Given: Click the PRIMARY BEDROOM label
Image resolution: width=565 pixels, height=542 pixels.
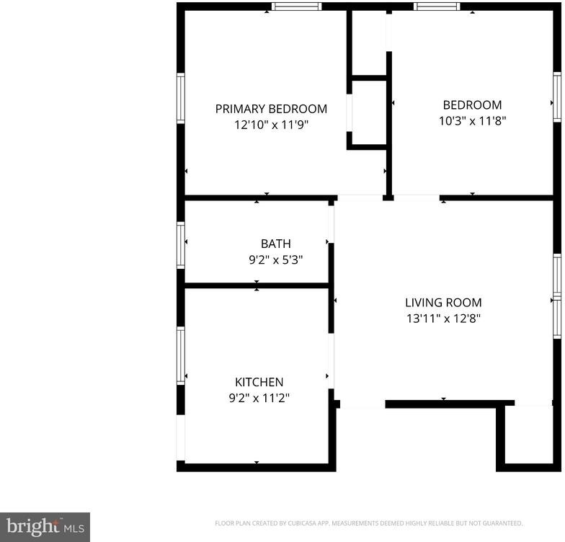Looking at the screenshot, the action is tap(271, 109).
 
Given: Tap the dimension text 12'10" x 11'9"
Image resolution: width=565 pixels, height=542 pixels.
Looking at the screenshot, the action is tap(272, 125).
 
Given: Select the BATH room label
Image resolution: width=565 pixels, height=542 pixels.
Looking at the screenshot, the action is tap(275, 244).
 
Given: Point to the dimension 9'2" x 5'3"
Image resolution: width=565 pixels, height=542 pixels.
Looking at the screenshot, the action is tap(275, 259).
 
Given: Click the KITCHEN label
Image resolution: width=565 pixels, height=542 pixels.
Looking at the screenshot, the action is tap(259, 382).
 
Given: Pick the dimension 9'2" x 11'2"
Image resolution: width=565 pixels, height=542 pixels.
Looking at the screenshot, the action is tap(259, 398).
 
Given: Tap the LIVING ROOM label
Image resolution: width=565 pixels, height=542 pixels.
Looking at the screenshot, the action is tap(443, 303).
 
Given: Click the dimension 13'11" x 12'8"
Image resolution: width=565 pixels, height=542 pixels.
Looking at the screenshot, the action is tap(444, 319).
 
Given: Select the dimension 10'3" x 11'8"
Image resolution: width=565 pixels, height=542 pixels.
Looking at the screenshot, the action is tap(473, 121).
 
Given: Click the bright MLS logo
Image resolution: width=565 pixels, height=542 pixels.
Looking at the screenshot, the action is tap(45, 528).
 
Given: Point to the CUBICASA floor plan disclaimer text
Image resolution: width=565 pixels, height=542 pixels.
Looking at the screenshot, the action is tap(369, 523).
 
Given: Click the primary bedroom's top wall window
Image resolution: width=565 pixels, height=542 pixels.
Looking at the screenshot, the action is tap(296, 6).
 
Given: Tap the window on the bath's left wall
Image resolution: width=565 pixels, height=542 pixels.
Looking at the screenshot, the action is tap(180, 245).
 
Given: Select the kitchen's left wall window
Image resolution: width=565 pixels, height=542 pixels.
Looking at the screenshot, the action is tap(180, 355).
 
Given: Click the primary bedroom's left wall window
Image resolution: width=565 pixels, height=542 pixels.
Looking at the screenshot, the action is tap(180, 98).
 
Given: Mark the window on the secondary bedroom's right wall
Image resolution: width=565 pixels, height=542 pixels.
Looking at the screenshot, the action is tap(557, 97).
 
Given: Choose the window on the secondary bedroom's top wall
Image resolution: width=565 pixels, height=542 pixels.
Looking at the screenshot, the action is tap(437, 6).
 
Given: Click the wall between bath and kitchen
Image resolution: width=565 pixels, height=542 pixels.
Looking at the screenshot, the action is tap(257, 285).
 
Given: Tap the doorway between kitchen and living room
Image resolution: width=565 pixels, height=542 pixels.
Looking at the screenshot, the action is tap(332, 360).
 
